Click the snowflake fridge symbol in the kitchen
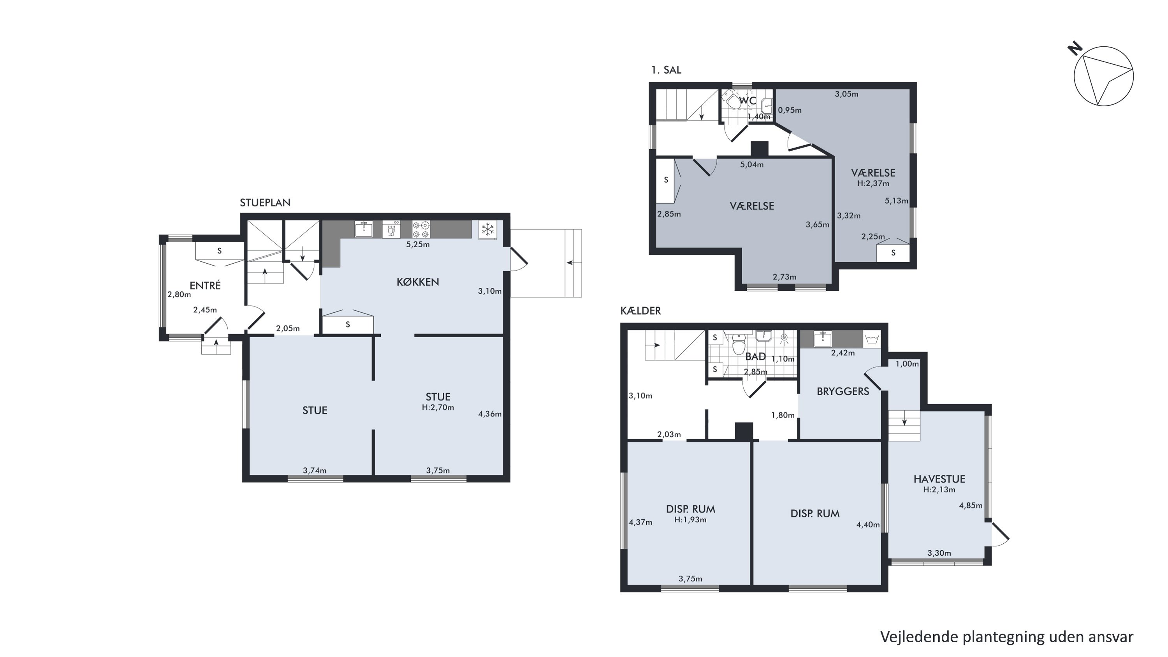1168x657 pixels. click(x=487, y=229)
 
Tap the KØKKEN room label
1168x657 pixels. click(x=418, y=282)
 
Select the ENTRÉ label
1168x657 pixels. click(x=205, y=285)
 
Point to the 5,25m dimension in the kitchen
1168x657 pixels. click(x=418, y=245)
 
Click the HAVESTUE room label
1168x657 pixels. click(x=939, y=479)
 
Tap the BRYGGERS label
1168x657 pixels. click(x=843, y=391)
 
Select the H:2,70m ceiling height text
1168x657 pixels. click(x=438, y=407)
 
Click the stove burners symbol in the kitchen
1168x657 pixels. click(x=421, y=229)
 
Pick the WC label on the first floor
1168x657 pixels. click(x=748, y=100)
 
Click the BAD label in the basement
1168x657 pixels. click(x=755, y=356)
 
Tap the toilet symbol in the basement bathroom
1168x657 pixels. click(x=739, y=344)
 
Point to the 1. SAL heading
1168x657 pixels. click(x=666, y=70)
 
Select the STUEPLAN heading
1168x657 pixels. click(x=265, y=203)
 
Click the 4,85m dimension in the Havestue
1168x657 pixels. click(x=971, y=506)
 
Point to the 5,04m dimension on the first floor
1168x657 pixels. click(x=752, y=165)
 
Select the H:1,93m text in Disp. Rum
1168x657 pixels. click(x=690, y=520)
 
